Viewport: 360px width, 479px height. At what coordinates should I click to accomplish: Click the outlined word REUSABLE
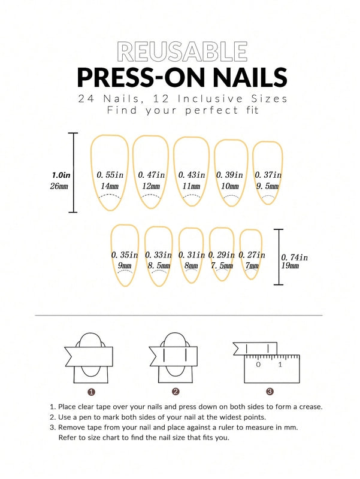[x=182, y=51]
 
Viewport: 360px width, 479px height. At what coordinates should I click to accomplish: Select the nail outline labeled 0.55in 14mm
[x=110, y=174]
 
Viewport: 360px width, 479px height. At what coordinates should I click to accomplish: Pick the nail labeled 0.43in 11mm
[x=191, y=172]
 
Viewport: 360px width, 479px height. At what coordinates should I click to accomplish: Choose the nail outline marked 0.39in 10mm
[x=231, y=174]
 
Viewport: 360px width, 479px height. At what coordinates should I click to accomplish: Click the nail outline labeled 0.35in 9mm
[x=125, y=256]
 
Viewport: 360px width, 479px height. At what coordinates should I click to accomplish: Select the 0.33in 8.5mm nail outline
[x=159, y=256]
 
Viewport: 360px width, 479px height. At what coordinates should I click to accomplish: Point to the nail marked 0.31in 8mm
[x=191, y=256]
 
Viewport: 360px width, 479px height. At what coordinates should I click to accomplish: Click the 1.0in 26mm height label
[x=60, y=180]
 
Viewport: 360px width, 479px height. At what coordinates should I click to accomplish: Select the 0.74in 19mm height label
[x=294, y=261]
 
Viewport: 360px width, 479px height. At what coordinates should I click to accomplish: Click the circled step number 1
[x=91, y=392]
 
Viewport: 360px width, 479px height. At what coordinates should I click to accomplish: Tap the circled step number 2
[x=176, y=392]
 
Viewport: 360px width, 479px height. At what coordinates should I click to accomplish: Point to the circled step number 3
[x=270, y=392]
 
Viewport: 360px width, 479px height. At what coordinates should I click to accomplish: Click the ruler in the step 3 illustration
[x=271, y=369]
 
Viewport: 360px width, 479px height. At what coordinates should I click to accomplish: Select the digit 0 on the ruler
[x=258, y=364]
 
